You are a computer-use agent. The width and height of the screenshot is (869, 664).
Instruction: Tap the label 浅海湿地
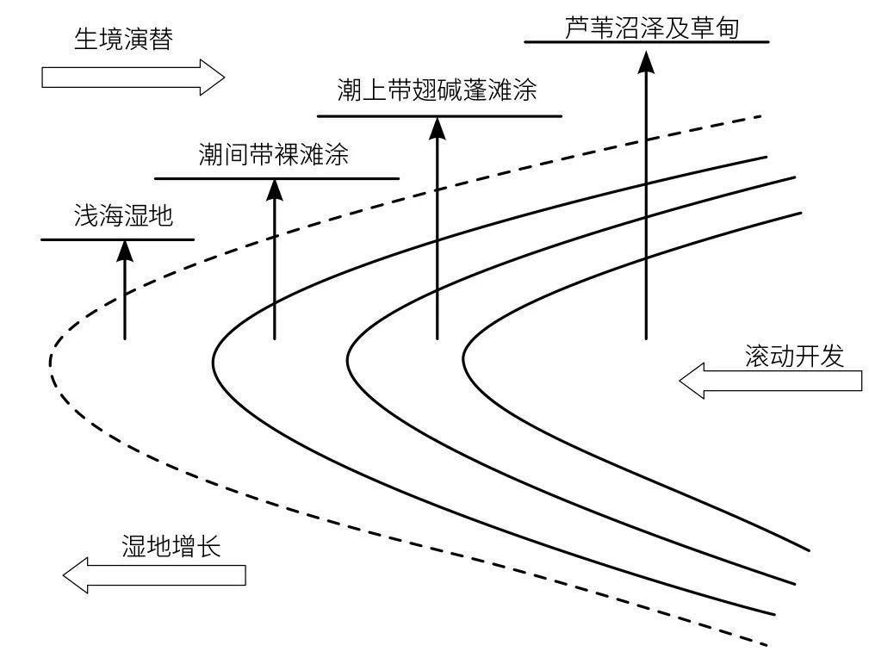(x=123, y=216)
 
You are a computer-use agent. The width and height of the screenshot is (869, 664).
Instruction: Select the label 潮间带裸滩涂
(x=273, y=155)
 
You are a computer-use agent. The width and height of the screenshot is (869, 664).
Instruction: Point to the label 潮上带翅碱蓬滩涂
(x=438, y=91)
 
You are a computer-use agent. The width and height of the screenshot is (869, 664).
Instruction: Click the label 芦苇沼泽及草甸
(x=653, y=28)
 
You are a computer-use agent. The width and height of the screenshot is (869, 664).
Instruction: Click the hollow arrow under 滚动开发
(x=770, y=381)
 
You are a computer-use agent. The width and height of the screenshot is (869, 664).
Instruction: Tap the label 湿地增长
(x=171, y=547)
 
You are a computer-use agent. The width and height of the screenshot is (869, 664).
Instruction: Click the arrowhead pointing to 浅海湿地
(x=125, y=250)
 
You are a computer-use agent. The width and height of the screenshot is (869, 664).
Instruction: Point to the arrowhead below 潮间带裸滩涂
(x=274, y=189)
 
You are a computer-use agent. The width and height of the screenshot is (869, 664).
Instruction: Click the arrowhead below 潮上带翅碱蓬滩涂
(x=438, y=127)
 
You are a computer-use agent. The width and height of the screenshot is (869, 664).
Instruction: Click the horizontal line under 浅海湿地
(x=118, y=239)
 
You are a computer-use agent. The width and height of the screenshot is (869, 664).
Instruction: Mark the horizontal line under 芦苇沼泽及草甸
(x=646, y=41)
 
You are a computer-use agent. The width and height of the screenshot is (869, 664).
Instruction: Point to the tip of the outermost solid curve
(x=213, y=352)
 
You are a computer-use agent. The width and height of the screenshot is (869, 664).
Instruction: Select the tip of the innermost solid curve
(x=465, y=354)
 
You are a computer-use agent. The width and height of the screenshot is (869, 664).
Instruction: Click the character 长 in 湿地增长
(x=209, y=547)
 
